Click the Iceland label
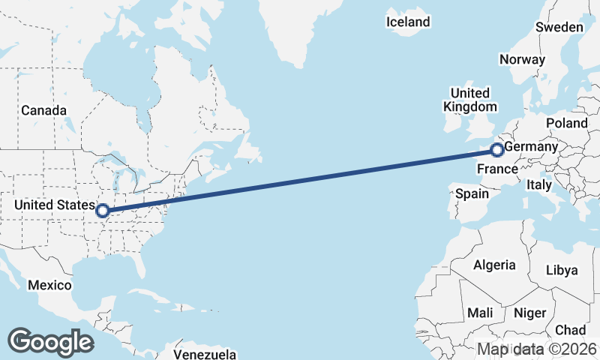408,22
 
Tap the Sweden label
559,27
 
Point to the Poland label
567,122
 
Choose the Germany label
531,146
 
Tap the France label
497,169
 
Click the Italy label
539,184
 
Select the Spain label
472,193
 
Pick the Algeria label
494,265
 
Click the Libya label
562,269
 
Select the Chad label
570,330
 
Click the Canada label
38,110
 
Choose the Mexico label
49,285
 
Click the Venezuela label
205,354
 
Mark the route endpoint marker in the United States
102,211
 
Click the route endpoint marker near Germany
496,150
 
